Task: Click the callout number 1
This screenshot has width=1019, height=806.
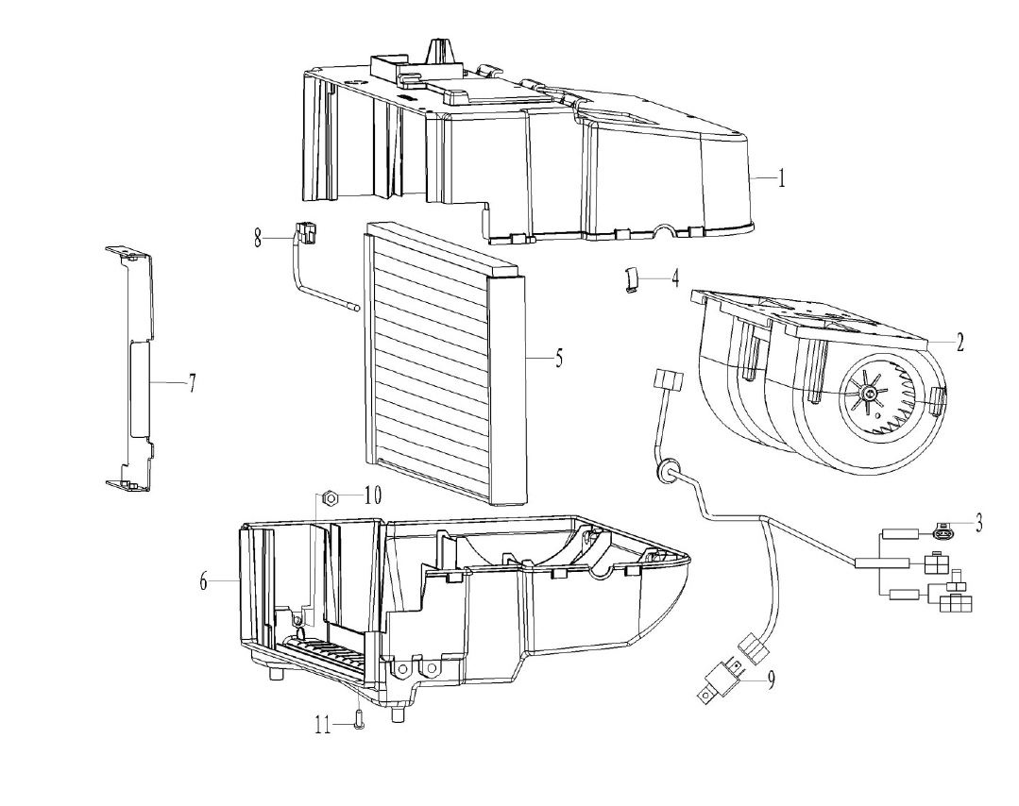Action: click(x=782, y=177)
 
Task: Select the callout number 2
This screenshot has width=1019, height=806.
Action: click(x=960, y=342)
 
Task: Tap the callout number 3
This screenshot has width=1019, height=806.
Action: click(x=978, y=522)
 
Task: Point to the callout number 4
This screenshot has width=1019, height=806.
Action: click(x=675, y=278)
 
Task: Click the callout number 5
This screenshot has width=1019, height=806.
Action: click(x=559, y=358)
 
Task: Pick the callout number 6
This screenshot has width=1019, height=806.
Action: click(x=203, y=580)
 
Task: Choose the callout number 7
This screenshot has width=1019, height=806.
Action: click(x=193, y=383)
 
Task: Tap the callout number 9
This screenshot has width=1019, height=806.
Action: click(x=771, y=680)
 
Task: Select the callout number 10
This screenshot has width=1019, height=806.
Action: click(x=372, y=496)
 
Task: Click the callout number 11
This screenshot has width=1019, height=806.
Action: click(x=323, y=725)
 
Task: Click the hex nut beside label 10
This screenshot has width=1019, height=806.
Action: click(x=330, y=498)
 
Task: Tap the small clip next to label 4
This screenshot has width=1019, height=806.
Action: click(x=631, y=279)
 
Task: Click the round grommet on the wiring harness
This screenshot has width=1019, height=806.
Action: click(x=666, y=470)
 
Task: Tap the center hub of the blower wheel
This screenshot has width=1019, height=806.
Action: click(x=867, y=393)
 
